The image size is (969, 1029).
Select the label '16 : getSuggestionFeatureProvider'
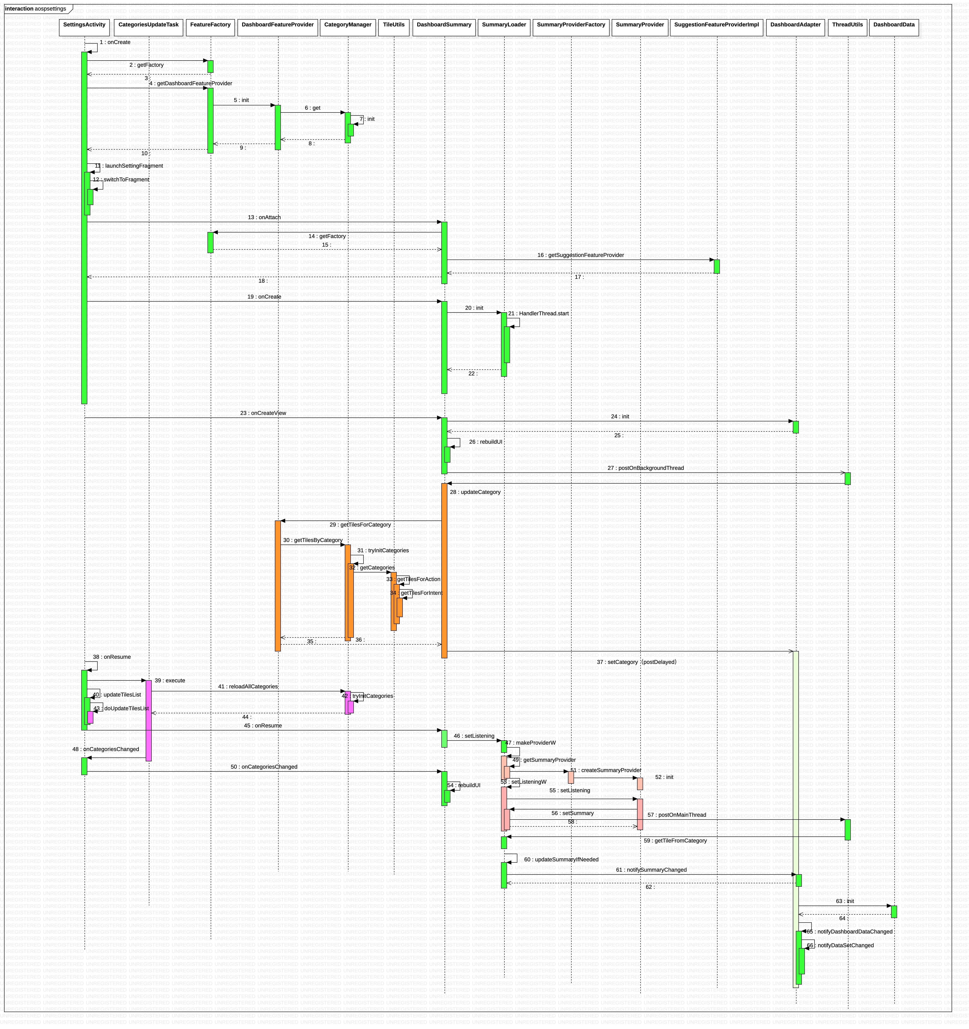(x=580, y=255)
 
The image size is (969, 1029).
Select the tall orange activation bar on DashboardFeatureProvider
(x=278, y=585)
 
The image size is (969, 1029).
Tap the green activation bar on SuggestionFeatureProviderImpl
(x=716, y=267)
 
